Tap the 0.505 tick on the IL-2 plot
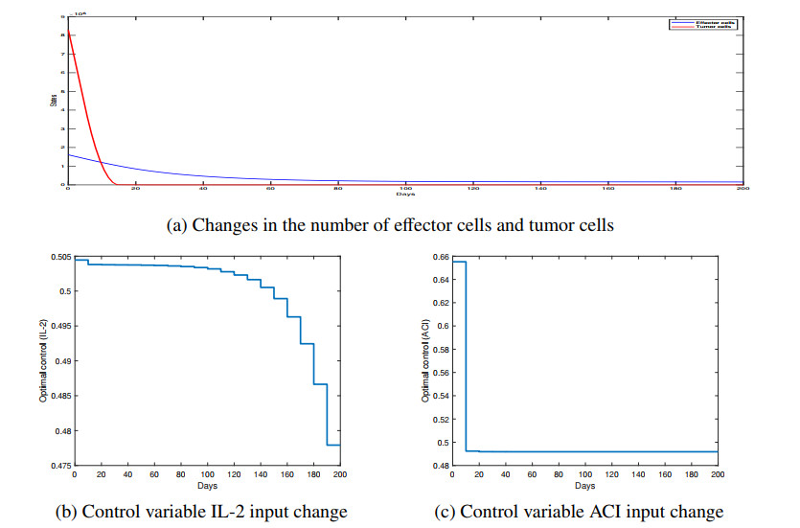(x=59, y=257)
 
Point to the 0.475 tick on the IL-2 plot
(x=59, y=466)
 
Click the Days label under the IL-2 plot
(x=208, y=485)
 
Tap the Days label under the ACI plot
(x=585, y=485)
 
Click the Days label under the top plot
(x=405, y=195)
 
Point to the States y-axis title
(x=54, y=100)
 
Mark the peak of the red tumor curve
(x=68, y=33)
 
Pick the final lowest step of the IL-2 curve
(x=333, y=445)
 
